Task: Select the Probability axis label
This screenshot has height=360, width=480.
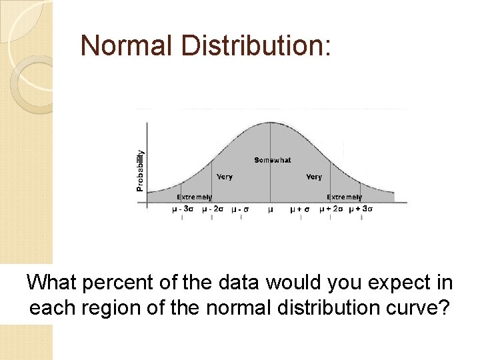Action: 140,170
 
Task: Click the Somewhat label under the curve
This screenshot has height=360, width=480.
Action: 272,160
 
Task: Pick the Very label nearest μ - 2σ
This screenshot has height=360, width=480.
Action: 225,177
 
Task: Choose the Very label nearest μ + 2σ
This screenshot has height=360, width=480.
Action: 314,177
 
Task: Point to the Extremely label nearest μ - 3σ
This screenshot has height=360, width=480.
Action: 194,197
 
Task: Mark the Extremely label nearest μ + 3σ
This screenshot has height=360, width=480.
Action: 344,197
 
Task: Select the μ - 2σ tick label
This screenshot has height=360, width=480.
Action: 212,209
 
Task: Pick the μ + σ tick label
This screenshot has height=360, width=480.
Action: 299,209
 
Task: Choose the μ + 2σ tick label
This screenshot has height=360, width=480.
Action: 331,209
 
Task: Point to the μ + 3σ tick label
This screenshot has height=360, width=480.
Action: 360,209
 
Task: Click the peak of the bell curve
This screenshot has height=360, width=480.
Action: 270,123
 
